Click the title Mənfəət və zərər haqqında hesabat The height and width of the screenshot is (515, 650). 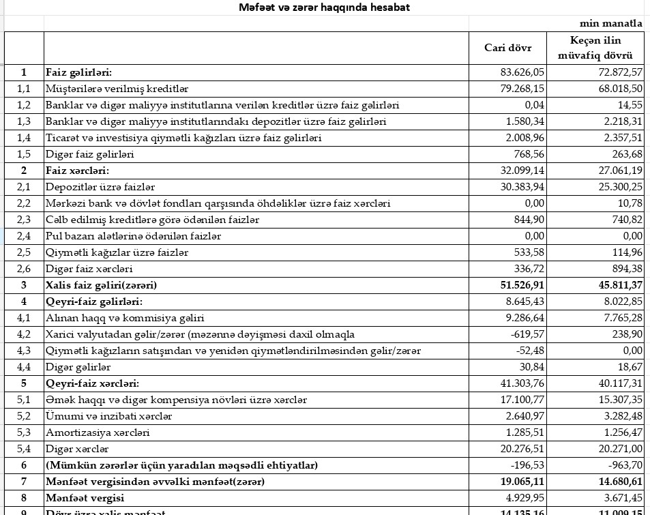click(324, 8)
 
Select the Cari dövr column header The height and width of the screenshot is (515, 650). click(507, 48)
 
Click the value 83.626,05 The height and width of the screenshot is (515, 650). click(522, 72)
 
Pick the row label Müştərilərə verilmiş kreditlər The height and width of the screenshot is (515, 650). click(117, 89)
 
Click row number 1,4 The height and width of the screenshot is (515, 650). click(24, 138)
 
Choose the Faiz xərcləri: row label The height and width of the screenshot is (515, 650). click(77, 171)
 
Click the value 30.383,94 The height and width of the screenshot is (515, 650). click(522, 187)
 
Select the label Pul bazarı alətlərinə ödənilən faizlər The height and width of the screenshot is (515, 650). click(133, 236)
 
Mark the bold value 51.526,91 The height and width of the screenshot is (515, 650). click(521, 285)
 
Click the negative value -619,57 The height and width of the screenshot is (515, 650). click(527, 334)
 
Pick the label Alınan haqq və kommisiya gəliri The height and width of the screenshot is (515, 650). click(125, 318)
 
